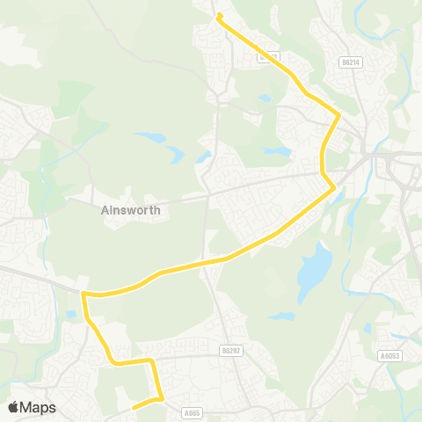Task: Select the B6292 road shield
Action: (231, 351)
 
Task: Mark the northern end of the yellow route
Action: (219, 15)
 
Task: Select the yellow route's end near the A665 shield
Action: (133, 408)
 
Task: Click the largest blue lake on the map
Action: (314, 272)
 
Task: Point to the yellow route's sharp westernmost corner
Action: (84, 295)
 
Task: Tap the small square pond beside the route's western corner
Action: (70, 314)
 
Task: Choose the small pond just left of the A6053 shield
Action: (367, 328)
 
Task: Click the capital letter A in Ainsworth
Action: (105, 211)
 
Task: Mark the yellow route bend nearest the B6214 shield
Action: (336, 114)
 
